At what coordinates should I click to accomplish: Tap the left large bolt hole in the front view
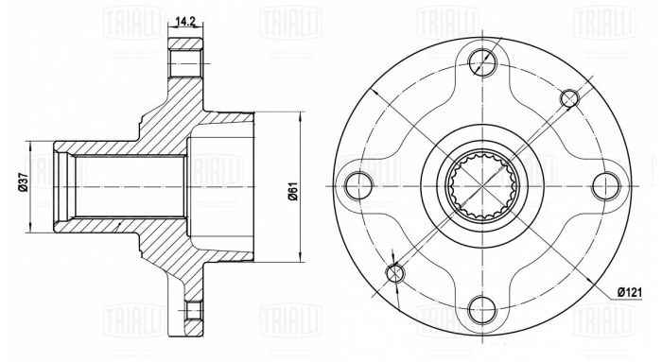tap(357, 182)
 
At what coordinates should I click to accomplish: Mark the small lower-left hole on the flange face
tap(395, 272)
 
